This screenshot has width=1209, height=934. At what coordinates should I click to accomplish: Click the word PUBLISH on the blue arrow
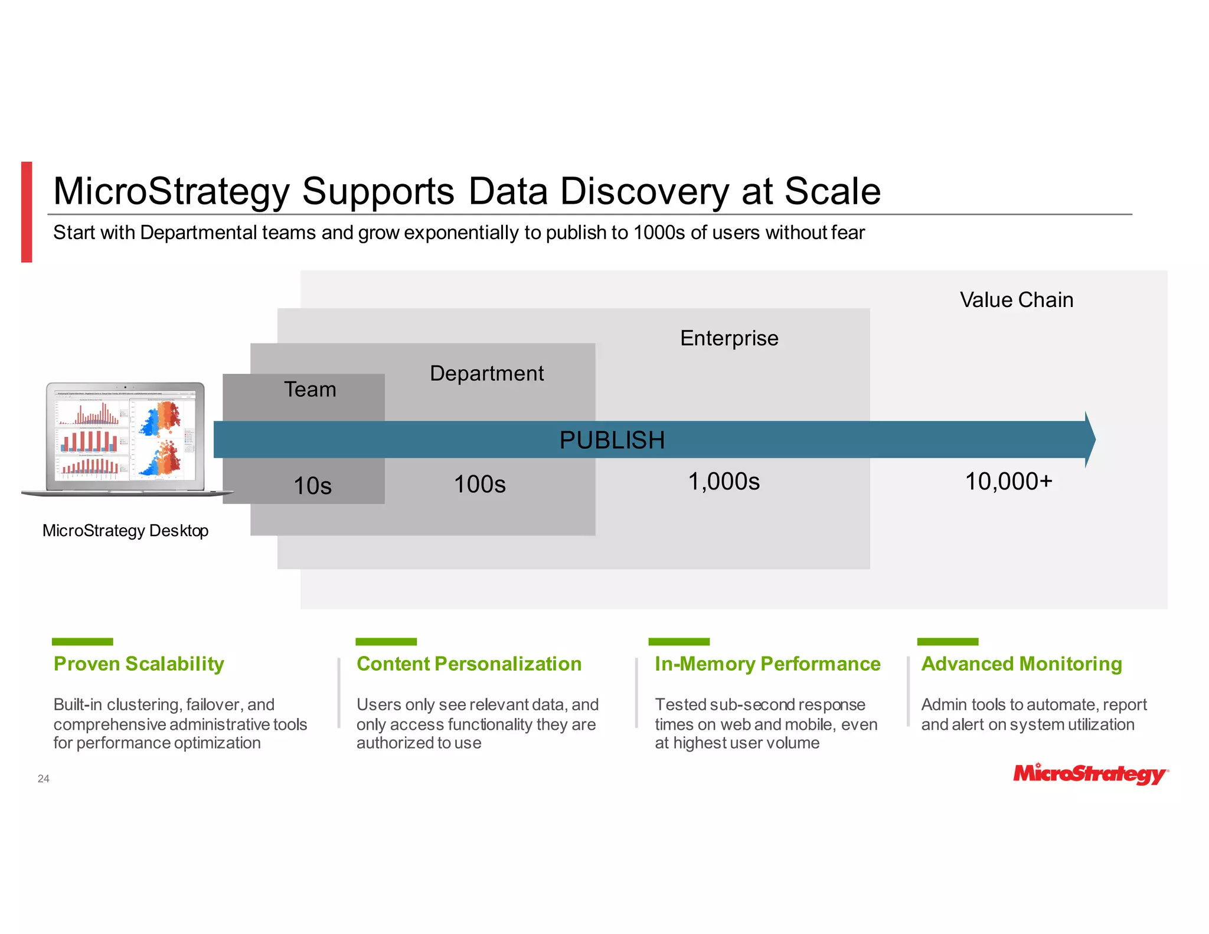tap(612, 440)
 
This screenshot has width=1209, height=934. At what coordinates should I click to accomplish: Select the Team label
tap(310, 390)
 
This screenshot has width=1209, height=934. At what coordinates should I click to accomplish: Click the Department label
tap(486, 373)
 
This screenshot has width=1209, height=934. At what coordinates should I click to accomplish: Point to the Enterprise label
tap(729, 338)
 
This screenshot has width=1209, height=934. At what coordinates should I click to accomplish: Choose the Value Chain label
tap(1016, 300)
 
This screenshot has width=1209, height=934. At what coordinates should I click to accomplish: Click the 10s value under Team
tap(312, 486)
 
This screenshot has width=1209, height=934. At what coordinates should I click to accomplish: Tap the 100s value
tap(479, 484)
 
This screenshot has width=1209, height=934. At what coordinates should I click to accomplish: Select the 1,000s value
tap(724, 482)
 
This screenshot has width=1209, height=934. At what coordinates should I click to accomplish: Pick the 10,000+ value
tap(1008, 482)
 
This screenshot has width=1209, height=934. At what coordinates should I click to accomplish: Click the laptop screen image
tap(126, 437)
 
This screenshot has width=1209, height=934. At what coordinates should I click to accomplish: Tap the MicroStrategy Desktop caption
tap(125, 531)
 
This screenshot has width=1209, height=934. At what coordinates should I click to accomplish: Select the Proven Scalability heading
tap(139, 664)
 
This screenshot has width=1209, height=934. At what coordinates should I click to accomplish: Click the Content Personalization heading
tap(469, 664)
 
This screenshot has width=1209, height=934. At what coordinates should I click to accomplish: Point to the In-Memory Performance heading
tap(767, 664)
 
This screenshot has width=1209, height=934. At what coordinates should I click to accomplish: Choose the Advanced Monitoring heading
tap(1021, 664)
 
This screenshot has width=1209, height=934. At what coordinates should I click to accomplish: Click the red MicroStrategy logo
tap(1090, 773)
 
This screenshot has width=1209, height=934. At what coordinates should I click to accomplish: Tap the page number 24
tap(44, 779)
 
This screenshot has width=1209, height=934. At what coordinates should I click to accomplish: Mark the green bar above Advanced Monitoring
tap(947, 641)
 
